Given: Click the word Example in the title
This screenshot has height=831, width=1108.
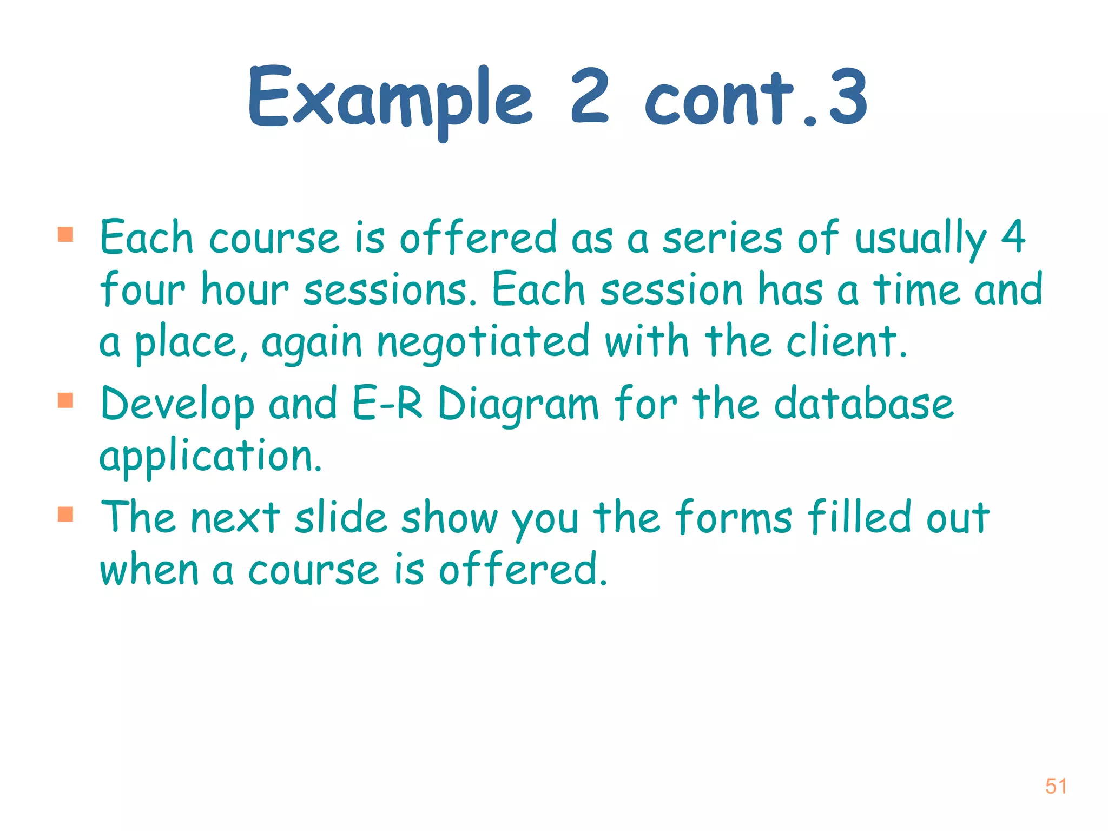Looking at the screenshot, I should coord(390,100).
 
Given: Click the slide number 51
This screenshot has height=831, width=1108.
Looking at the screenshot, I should coord(1056,786).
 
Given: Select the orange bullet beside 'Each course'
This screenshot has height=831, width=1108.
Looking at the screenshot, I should coord(65,234).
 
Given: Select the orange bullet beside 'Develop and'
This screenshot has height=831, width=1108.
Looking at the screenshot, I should coord(65,400).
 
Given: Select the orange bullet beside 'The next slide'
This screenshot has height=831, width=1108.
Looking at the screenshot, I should coord(65,514).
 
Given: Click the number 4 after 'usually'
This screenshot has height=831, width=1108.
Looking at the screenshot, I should coord(1013,236).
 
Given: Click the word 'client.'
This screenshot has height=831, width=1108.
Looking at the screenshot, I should coord(847,342).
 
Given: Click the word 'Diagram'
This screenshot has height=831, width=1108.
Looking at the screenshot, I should coord(518,406).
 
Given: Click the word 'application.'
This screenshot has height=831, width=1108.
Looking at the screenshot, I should coord(211,457).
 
